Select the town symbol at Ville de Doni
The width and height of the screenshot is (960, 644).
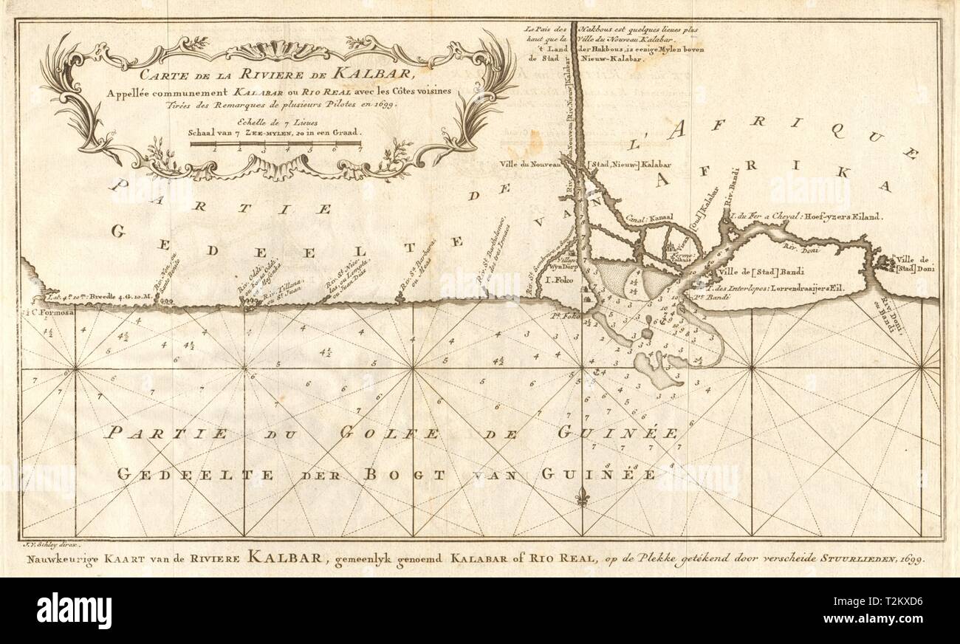[x=885, y=262]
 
